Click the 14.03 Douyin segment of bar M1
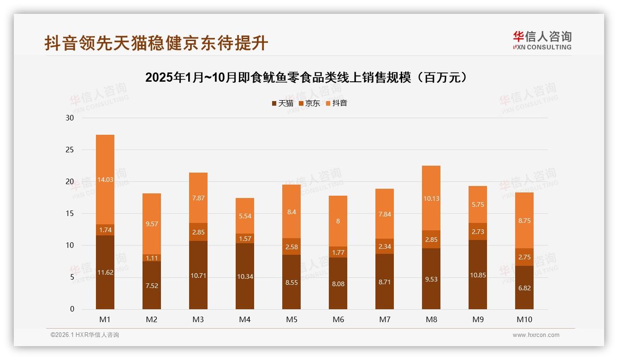(x=105, y=180)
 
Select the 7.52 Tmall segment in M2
(x=152, y=285)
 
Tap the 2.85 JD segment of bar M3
(x=198, y=232)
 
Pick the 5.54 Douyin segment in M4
(x=245, y=216)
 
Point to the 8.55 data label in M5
(x=291, y=282)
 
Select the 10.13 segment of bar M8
(x=431, y=198)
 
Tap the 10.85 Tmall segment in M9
(x=478, y=275)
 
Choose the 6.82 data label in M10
(x=524, y=288)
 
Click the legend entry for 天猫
(x=282, y=103)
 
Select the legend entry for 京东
(x=309, y=103)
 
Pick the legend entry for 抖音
(x=337, y=103)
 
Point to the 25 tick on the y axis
(x=70, y=150)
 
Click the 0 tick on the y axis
(x=72, y=309)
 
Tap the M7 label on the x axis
(x=385, y=319)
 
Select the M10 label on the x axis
(x=524, y=319)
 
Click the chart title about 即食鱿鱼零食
(x=309, y=77)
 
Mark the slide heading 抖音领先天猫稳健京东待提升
(x=156, y=43)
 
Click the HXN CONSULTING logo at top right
(x=542, y=41)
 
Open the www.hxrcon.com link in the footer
(x=536, y=335)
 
